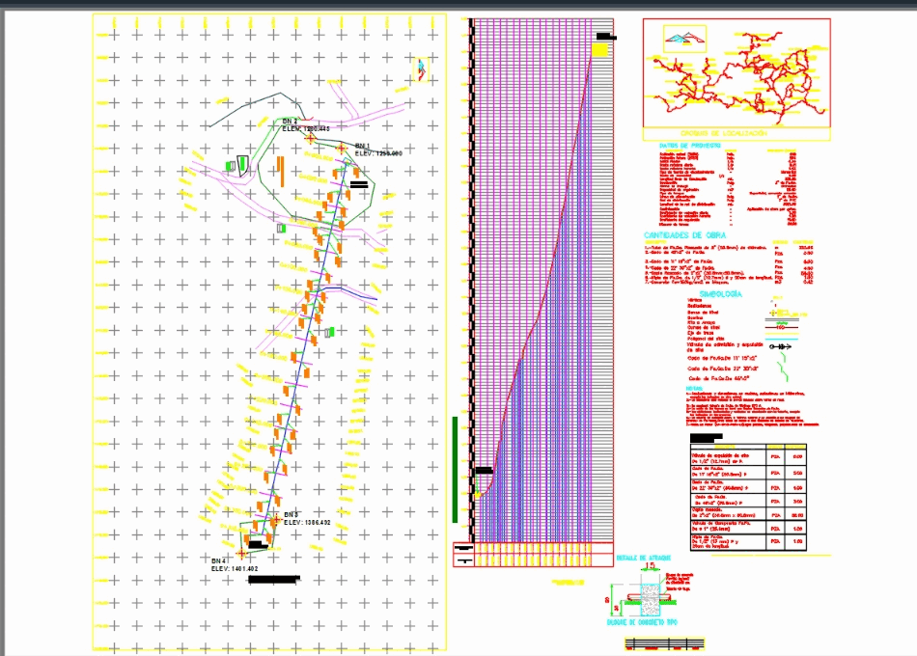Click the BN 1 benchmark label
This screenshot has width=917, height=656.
(363, 146)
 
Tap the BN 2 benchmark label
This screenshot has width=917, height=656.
(291, 122)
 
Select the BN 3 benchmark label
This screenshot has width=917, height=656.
(292, 514)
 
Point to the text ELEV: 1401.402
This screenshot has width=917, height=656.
(235, 569)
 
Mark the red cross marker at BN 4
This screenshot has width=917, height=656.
(241, 553)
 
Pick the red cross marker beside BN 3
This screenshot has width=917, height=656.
(275, 520)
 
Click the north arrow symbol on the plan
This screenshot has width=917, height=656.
(421, 69)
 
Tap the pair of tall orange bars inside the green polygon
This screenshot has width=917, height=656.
(279, 170)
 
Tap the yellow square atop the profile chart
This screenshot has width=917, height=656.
(599, 49)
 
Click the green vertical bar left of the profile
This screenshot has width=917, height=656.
(456, 469)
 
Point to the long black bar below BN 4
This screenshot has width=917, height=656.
(274, 580)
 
